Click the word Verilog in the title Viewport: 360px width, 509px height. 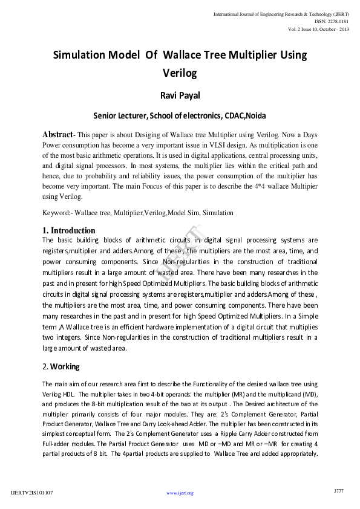(180, 74)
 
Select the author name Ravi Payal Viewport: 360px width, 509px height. (180, 96)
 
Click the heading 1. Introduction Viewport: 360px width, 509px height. (69, 230)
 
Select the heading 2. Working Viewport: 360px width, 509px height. (61, 366)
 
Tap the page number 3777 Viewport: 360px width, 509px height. (338, 491)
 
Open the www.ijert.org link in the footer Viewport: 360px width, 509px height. (180, 493)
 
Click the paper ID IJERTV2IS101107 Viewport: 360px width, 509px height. (32, 493)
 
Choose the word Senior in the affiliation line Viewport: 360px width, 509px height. (106, 115)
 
